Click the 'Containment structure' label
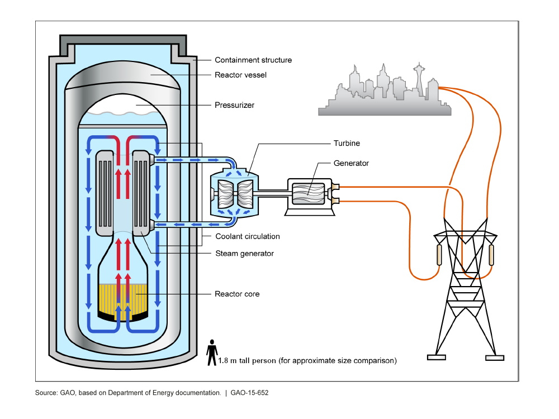(x=253, y=60)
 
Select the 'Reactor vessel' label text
(x=240, y=75)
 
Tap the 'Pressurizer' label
(x=235, y=105)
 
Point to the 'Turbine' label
(x=347, y=143)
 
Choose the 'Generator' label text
(x=351, y=163)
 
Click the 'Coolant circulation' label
(x=248, y=236)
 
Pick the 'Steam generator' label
(x=245, y=253)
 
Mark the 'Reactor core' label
(x=237, y=294)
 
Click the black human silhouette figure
(x=212, y=353)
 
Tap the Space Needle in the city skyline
(x=419, y=78)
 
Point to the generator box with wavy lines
(x=309, y=194)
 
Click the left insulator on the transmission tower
(x=439, y=255)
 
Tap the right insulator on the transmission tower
(x=491, y=255)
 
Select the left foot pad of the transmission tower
(x=437, y=358)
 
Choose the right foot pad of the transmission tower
(x=495, y=358)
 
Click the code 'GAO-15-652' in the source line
(x=249, y=393)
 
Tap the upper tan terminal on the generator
(x=335, y=187)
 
